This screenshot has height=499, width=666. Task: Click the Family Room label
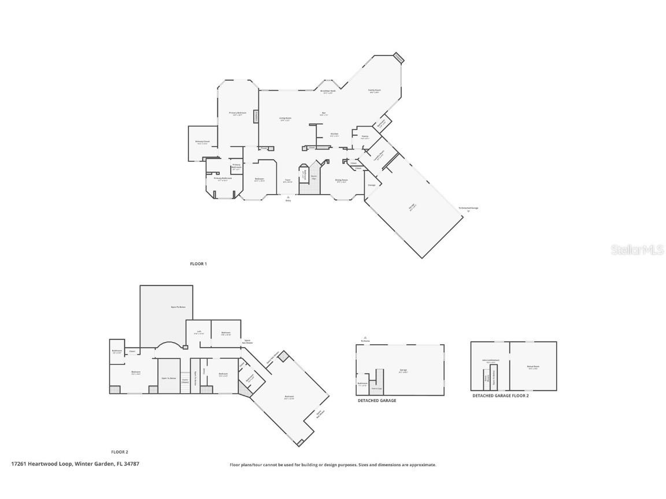pos(375,90)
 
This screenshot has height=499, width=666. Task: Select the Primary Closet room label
pos(202,141)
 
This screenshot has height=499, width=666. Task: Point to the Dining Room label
pos(342,180)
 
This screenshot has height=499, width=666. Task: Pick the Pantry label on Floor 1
pos(365,136)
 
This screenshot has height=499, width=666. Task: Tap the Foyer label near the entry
pos(287,180)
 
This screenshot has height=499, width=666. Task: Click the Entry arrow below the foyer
pos(288,198)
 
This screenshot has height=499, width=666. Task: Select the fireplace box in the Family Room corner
pos(398,57)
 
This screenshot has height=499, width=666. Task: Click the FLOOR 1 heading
pos(198,264)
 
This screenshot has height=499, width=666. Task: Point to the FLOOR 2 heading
pos(120,452)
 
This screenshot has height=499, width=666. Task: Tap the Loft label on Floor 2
pos(198,332)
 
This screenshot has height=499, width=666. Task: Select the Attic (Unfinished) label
pos(490,360)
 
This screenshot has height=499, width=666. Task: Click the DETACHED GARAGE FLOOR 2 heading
pos(501,396)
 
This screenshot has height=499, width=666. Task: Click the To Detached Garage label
pos(468,208)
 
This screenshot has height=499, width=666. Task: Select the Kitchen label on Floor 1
pos(334,134)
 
